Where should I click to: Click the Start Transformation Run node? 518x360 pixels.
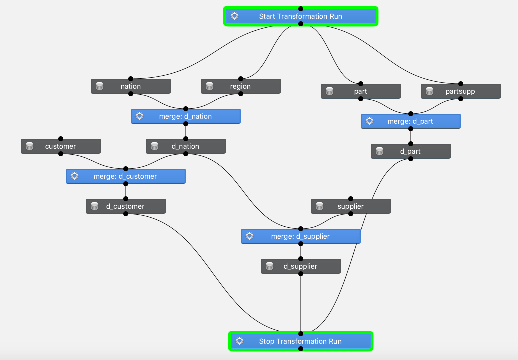300,16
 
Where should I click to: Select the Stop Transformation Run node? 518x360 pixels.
300,341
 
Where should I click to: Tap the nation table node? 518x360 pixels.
131,86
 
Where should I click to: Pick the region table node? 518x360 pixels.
240,86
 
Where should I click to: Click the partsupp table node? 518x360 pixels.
460,91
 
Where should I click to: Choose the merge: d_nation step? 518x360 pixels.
185,116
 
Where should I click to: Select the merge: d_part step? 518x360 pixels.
410,121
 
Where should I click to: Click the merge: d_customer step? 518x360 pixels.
125,176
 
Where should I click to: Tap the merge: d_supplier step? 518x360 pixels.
300,236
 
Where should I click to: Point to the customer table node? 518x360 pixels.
60,146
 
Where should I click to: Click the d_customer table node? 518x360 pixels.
125,206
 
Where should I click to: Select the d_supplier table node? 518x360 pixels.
300,266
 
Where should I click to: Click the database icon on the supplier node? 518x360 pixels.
320,206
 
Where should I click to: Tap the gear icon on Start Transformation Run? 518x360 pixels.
234,16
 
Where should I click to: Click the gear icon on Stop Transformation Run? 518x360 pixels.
239,341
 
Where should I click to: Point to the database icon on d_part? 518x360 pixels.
379,151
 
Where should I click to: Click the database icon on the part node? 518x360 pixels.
329,91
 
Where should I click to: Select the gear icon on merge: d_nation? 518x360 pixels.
139,116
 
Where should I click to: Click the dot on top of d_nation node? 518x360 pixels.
186,139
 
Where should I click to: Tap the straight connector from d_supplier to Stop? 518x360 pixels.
301,305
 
